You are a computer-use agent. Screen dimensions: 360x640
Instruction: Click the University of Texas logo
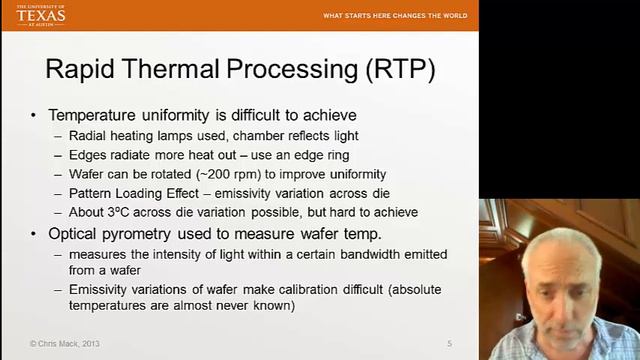coord(41,14)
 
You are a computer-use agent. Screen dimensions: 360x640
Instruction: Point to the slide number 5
coord(449,344)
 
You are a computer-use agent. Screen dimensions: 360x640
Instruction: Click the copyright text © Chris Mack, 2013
coord(65,344)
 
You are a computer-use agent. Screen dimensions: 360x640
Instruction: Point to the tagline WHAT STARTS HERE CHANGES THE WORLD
coord(394,16)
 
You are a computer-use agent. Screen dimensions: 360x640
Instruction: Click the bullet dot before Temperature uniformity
coord(35,115)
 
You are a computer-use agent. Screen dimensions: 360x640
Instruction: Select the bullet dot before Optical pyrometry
coord(35,234)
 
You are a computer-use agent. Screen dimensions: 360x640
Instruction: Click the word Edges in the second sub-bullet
coord(88,155)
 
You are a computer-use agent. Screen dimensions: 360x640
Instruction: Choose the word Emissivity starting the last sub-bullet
coord(101,290)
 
